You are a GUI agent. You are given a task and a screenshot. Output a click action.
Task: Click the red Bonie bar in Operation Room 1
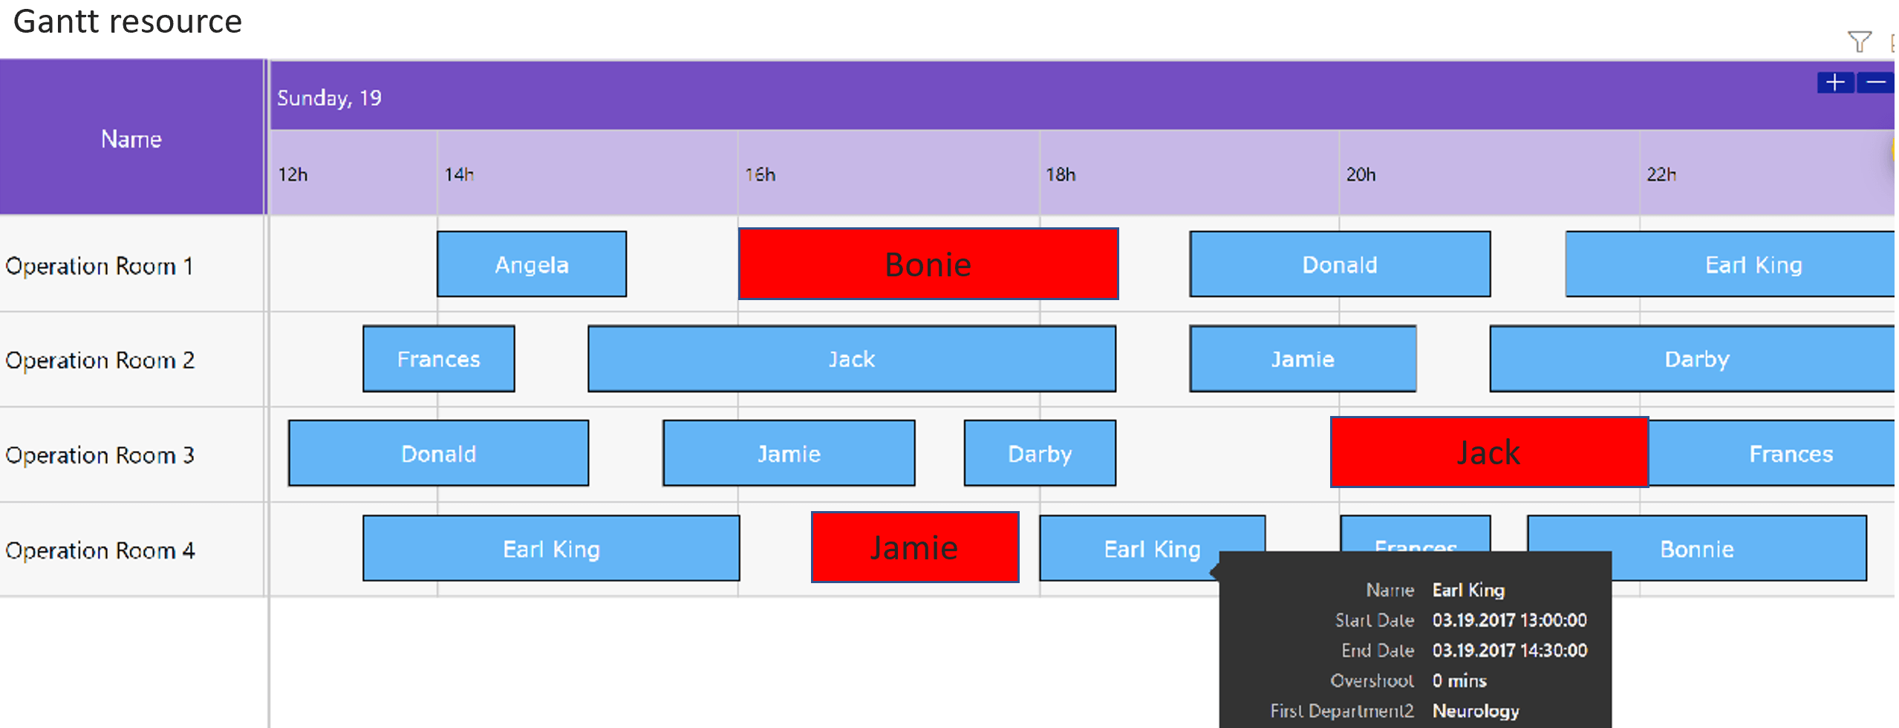[928, 264]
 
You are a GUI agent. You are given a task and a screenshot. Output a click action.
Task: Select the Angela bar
[531, 264]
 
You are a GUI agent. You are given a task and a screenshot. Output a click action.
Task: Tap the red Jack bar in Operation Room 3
[1488, 452]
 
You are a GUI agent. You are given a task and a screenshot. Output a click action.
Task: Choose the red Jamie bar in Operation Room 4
[914, 547]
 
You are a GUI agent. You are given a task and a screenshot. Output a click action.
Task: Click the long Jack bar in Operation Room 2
[851, 359]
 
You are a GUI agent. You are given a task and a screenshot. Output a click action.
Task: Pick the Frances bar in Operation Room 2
[438, 359]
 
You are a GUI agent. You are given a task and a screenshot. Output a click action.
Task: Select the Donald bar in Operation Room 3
[438, 453]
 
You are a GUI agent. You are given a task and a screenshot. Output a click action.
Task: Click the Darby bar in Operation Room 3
[1039, 453]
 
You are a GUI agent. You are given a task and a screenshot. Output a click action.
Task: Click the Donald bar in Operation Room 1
[1339, 264]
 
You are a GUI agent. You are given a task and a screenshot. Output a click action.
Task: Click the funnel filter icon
[1859, 42]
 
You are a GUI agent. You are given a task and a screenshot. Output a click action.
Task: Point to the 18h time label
[1060, 175]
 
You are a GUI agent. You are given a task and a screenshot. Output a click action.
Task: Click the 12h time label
[293, 175]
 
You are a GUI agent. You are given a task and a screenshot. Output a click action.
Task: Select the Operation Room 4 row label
[100, 550]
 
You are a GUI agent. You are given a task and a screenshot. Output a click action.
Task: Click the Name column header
[131, 139]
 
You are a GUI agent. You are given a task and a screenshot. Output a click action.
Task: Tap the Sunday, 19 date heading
[329, 98]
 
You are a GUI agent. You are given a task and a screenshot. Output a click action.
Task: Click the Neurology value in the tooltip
[1475, 711]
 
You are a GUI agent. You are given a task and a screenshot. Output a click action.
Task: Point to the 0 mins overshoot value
[1459, 680]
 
